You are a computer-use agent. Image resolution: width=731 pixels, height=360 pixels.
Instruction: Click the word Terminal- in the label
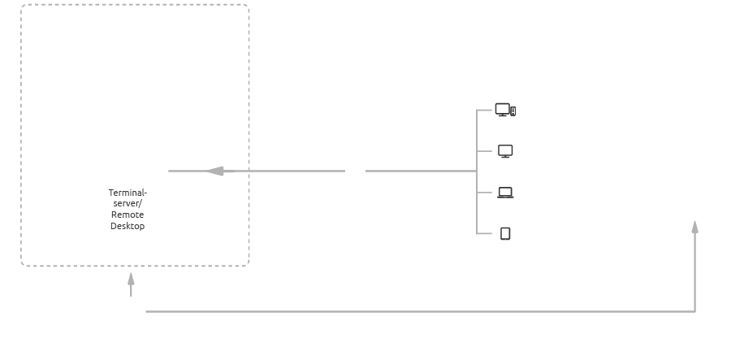tap(128, 193)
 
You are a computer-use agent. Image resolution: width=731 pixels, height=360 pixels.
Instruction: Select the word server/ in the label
tap(128, 203)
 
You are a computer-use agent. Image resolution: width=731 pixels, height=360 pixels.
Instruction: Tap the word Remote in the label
tap(128, 215)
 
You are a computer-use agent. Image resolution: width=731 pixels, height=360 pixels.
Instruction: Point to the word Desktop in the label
tap(128, 226)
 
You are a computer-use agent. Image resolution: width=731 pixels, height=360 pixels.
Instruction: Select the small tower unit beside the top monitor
tap(513, 111)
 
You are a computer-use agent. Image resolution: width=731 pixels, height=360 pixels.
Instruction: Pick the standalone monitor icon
tap(505, 151)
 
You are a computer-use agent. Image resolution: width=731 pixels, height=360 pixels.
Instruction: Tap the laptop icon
tap(505, 193)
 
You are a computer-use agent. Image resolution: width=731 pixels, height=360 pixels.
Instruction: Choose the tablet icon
tap(505, 234)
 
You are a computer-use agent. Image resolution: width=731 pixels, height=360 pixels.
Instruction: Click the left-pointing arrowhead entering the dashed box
tap(215, 171)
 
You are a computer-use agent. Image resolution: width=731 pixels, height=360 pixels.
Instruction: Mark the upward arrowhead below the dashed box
tap(131, 279)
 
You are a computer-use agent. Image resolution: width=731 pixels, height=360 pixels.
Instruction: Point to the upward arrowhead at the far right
tap(694, 227)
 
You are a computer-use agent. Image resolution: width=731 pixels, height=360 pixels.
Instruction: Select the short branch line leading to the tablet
tap(485, 234)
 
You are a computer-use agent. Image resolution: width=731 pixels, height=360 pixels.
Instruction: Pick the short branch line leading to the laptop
tap(485, 193)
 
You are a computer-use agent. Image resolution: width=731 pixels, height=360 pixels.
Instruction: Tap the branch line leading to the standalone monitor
tap(485, 151)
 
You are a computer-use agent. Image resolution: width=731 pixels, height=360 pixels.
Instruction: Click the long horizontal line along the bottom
tap(406, 311)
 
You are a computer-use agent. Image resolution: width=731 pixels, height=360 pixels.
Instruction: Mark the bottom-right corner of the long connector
tap(694, 311)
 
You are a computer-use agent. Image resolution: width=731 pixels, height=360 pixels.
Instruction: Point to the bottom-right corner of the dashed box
tap(247, 264)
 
